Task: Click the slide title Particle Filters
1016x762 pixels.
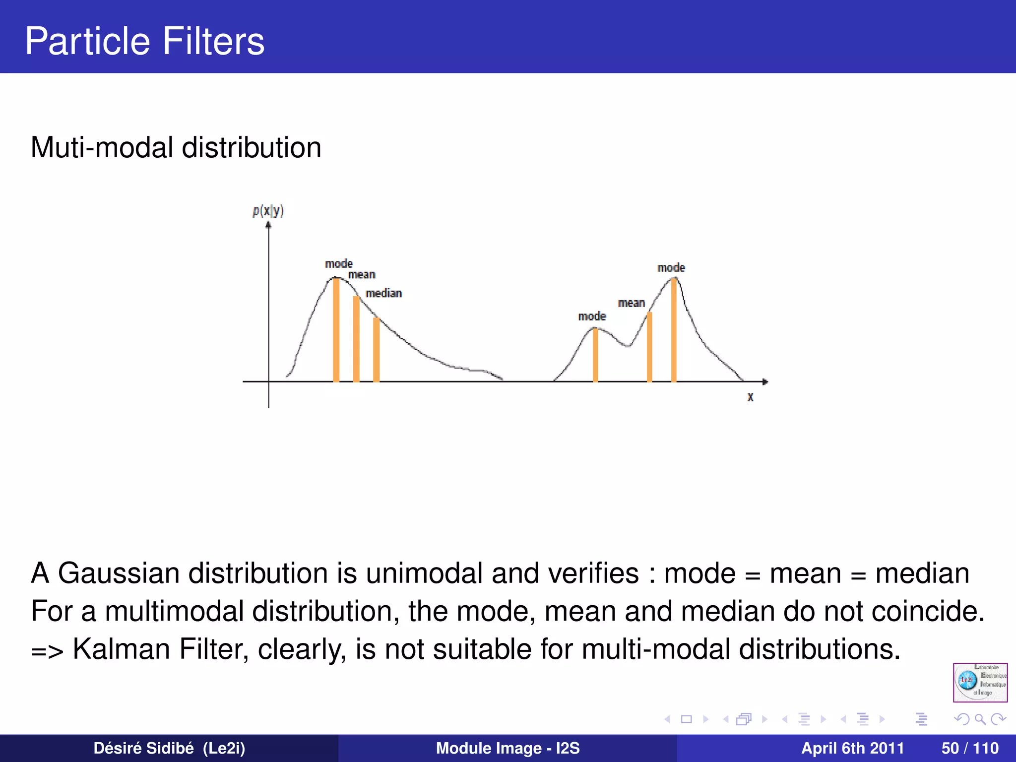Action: [x=144, y=41]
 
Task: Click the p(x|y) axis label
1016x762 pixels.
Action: [x=268, y=211]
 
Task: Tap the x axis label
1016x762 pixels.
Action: [x=750, y=397]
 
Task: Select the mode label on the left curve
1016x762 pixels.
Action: [x=339, y=264]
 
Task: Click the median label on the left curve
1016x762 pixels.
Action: [x=383, y=293]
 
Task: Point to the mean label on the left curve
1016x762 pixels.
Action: [x=362, y=275]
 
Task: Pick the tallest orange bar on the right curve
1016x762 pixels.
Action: [x=674, y=330]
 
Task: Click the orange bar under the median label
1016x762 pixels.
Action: [x=377, y=350]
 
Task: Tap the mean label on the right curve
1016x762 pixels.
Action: [x=631, y=303]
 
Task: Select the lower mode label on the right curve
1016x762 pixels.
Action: [x=592, y=317]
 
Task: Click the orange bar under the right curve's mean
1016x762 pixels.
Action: [x=649, y=347]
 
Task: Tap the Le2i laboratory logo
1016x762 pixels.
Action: [x=980, y=682]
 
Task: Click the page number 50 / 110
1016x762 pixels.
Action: [x=969, y=748]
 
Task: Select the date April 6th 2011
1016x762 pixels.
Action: [x=852, y=748]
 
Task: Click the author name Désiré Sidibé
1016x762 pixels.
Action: [x=143, y=748]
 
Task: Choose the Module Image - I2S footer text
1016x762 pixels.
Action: [x=508, y=748]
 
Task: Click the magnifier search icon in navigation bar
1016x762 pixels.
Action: [x=980, y=719]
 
